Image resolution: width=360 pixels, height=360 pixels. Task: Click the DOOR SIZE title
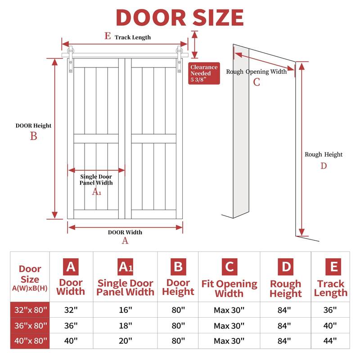[x=180, y=18]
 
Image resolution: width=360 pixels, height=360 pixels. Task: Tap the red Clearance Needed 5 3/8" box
[x=204, y=73]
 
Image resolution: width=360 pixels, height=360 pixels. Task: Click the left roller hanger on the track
[x=71, y=59]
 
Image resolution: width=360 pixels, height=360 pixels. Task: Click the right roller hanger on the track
[x=179, y=59]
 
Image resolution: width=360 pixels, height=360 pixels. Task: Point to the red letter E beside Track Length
[x=108, y=36]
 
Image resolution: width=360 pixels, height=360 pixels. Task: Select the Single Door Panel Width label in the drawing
[x=96, y=180]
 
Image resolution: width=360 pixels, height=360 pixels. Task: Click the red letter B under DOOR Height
[x=33, y=136]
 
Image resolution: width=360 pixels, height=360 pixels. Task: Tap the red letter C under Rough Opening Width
[x=256, y=82]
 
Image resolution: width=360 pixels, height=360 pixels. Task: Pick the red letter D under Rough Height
[x=324, y=166]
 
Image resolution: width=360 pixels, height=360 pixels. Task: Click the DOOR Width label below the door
[x=125, y=232]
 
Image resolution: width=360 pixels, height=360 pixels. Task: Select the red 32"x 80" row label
[x=30, y=310]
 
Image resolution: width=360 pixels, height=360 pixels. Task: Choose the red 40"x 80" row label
[x=30, y=341]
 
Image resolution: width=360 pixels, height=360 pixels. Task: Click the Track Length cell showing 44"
[x=330, y=341]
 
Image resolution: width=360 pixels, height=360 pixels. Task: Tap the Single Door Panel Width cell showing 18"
[x=126, y=325]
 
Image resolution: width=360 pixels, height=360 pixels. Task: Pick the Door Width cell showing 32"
[x=71, y=310]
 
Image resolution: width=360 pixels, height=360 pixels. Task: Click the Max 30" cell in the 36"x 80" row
[x=229, y=325]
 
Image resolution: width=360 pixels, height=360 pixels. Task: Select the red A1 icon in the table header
[x=126, y=267]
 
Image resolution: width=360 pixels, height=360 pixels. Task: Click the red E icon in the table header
[x=333, y=267]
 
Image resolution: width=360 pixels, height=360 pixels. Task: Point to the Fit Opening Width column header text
[x=229, y=288]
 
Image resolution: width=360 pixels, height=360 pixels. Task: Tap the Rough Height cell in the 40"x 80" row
[x=284, y=341]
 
